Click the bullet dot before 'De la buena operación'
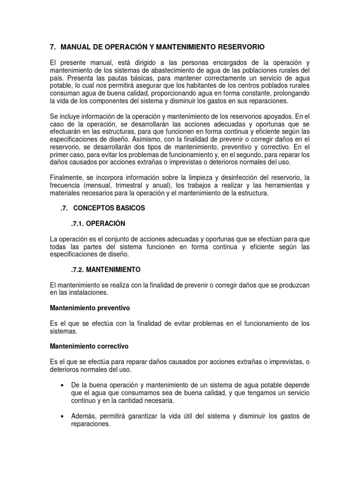click(x=62, y=385)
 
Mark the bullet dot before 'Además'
click(x=62, y=416)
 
